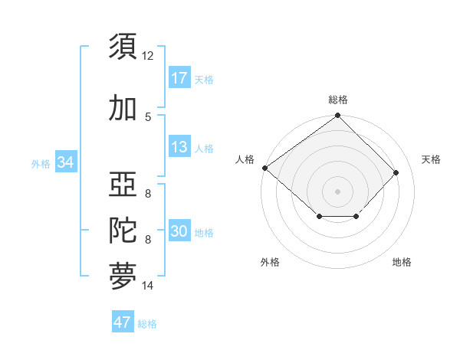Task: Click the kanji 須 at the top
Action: click(x=123, y=47)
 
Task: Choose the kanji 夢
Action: click(x=123, y=277)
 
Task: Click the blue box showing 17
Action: click(x=179, y=78)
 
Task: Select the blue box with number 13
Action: click(x=179, y=147)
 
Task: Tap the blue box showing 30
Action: click(x=179, y=231)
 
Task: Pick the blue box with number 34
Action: click(x=66, y=162)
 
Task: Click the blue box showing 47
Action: click(x=123, y=322)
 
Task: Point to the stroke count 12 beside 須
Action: click(x=148, y=56)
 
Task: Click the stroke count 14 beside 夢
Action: click(x=148, y=286)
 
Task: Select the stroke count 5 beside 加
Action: click(x=148, y=116)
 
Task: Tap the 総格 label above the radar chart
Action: click(x=337, y=100)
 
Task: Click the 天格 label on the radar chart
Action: click(x=431, y=159)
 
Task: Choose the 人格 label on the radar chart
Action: click(x=245, y=159)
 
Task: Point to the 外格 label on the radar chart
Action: click(x=270, y=263)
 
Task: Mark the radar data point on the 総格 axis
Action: click(x=337, y=116)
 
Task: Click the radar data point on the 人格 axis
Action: click(x=264, y=168)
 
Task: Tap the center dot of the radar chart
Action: click(x=337, y=191)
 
